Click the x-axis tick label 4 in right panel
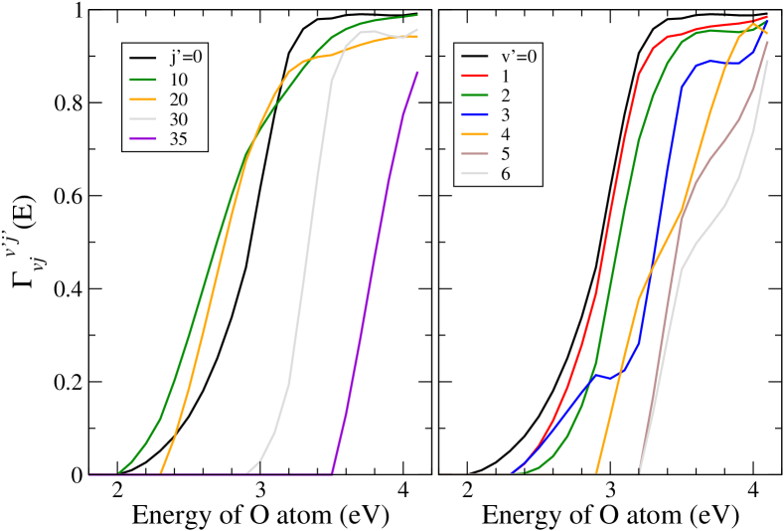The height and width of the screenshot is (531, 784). (x=753, y=490)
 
